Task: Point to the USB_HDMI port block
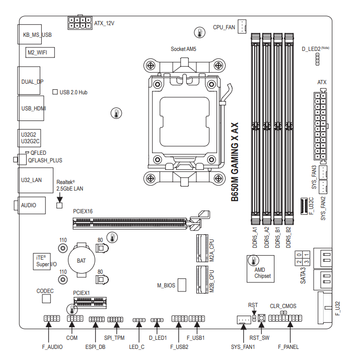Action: click(31, 108)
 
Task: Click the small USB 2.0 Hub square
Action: click(55, 92)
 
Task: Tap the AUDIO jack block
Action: click(31, 205)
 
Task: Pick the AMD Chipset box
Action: click(260, 267)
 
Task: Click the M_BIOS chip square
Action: click(183, 285)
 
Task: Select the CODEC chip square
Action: click(47, 299)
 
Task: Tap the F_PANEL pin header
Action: click(285, 319)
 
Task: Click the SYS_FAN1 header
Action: click(244, 320)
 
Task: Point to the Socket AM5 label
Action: click(183, 49)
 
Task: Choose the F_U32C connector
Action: click(304, 206)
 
